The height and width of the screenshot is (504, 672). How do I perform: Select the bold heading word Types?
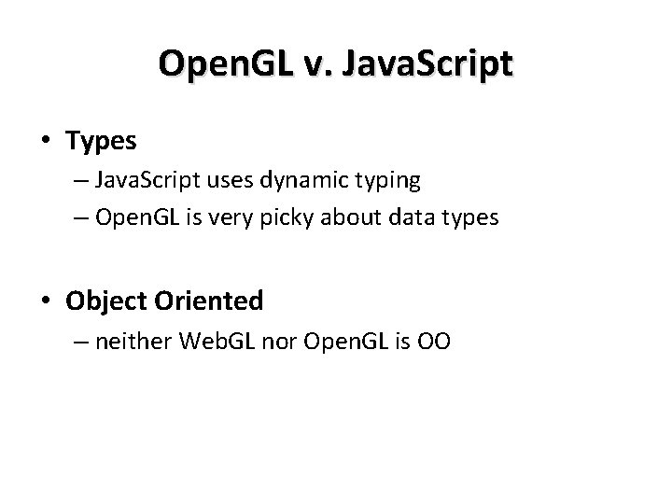101,142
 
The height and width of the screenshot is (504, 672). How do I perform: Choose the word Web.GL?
220,342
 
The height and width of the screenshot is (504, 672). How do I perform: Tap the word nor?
284,342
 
